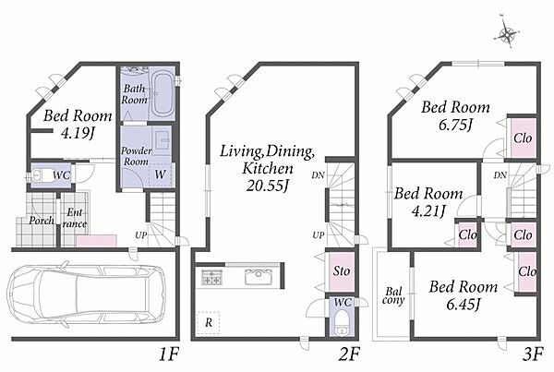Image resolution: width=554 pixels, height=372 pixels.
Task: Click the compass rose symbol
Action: click(508, 35)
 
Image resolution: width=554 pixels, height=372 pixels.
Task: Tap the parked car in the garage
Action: click(87, 294)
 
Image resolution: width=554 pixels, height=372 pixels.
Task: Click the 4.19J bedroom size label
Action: click(78, 133)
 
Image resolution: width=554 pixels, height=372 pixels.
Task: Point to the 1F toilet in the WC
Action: click(40, 175)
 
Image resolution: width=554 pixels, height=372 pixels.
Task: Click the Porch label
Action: click(42, 221)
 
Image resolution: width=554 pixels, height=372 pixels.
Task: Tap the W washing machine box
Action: click(160, 174)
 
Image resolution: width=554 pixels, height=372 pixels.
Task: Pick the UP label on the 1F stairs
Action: click(140, 235)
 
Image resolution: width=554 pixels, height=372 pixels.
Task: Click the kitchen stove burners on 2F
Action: click(211, 277)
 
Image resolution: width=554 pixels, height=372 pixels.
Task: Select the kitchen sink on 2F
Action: click(259, 276)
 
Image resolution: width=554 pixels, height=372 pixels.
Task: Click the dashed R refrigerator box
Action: click(208, 322)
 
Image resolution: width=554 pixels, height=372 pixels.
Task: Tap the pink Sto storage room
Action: click(342, 271)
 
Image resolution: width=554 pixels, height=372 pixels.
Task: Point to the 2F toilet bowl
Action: click(342, 323)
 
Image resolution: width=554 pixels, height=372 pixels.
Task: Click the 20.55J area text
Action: click(267, 186)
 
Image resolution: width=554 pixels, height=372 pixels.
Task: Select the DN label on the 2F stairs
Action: click(318, 174)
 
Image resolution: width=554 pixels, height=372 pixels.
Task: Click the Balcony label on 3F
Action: click(393, 296)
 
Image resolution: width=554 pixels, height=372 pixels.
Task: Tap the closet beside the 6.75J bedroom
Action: click(523, 138)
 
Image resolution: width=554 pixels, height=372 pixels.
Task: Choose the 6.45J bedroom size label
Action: click(464, 304)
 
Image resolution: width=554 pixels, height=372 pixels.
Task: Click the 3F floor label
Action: click(532, 354)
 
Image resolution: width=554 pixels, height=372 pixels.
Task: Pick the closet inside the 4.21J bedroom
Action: click(468, 234)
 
